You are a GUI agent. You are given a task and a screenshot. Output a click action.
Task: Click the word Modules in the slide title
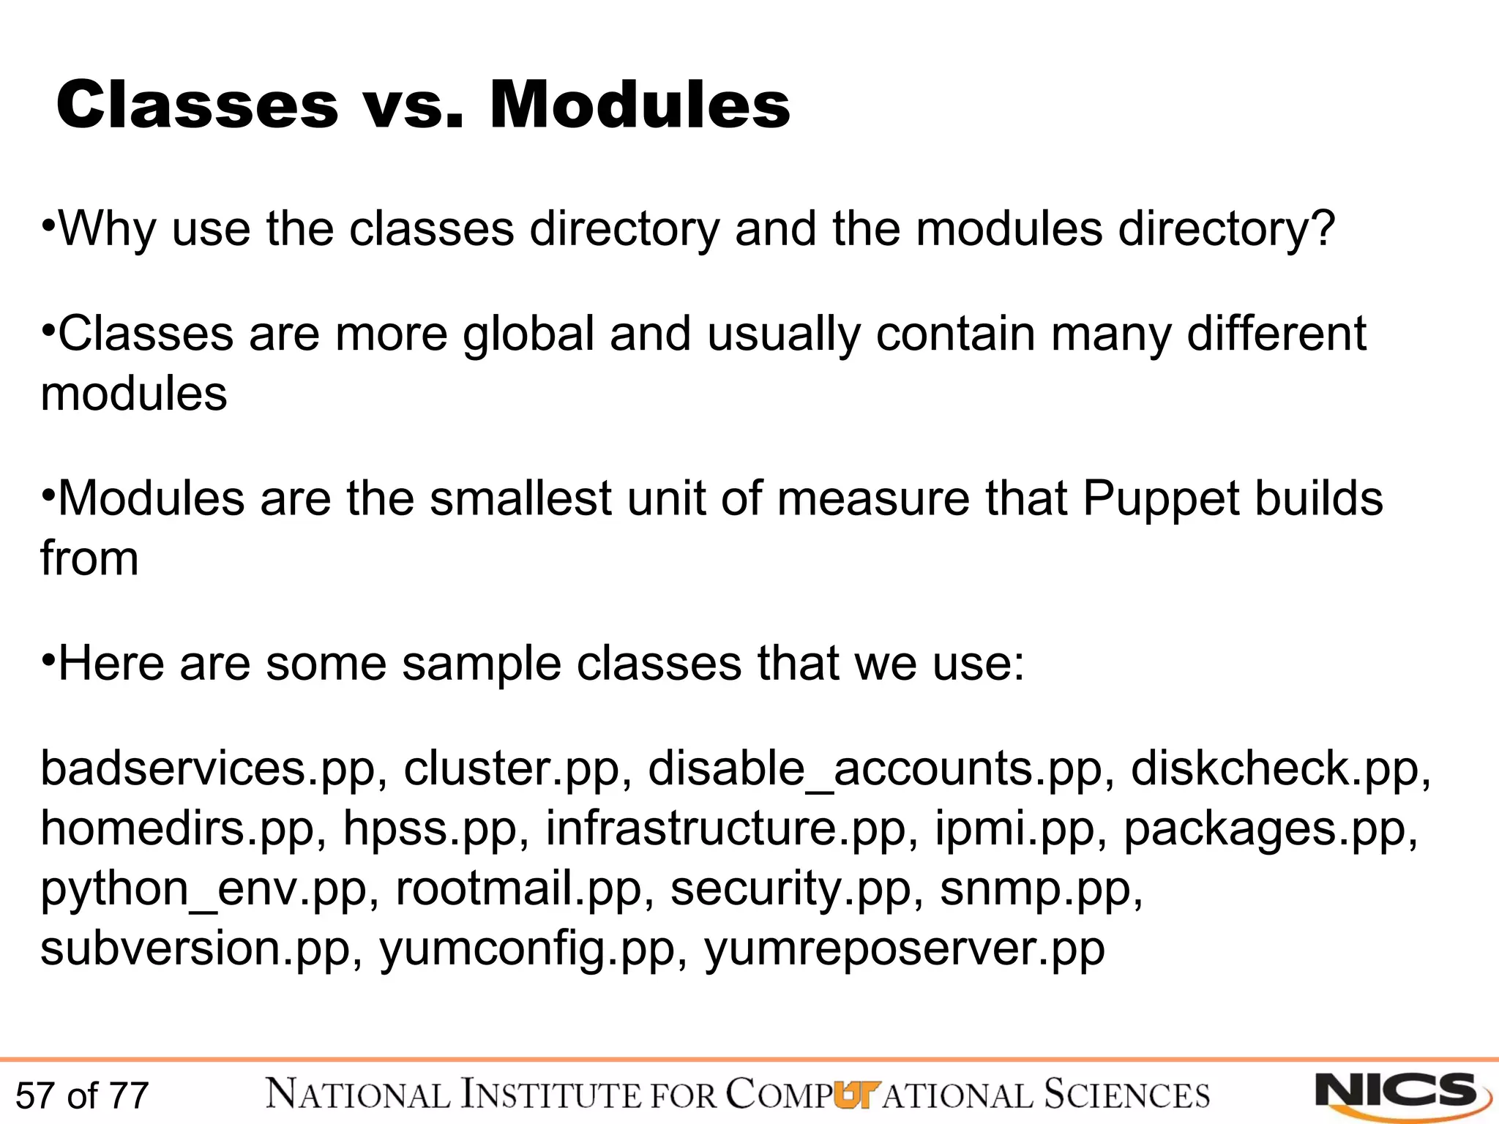pos(640,106)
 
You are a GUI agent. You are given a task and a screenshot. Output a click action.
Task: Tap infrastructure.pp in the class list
pos(725,830)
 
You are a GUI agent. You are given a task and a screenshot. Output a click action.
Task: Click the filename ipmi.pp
pos(1014,830)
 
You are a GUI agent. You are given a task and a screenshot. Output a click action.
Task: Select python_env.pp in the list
pos(203,890)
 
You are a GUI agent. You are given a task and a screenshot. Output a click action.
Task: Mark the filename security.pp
pos(790,890)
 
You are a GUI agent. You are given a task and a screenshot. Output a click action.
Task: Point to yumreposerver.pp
pos(904,950)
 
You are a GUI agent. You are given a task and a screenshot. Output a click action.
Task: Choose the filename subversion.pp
pos(195,950)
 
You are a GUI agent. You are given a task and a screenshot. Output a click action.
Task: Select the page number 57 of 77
pos(82,1096)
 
